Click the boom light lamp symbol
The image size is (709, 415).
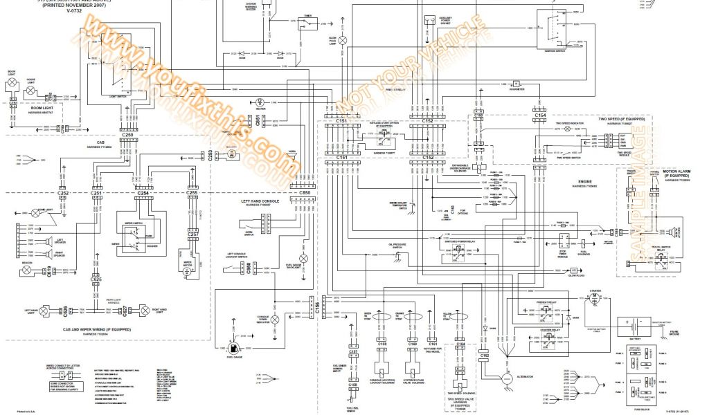tap(12, 84)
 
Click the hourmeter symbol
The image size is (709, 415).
tap(517, 84)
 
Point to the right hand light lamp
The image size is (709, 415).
tap(143, 311)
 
